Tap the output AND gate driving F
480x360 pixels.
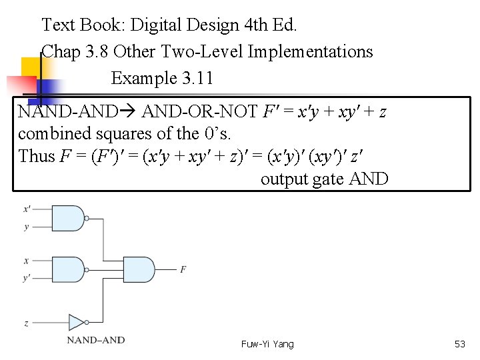[x=141, y=269]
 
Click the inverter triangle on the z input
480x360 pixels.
[x=77, y=323]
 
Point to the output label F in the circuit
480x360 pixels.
[x=183, y=269]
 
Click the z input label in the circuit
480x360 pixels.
[x=26, y=323]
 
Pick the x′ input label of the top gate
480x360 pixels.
[x=27, y=209]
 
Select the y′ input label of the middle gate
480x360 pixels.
[x=27, y=277]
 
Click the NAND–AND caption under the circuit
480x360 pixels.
[x=95, y=340]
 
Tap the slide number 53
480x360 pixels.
[x=459, y=344]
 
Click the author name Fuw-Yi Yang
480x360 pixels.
[x=267, y=344]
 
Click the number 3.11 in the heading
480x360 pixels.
[x=197, y=78]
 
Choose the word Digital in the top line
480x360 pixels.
[x=156, y=25]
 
